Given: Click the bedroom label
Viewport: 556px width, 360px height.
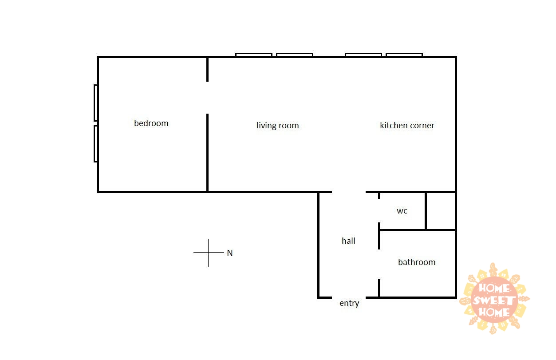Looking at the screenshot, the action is (151, 123).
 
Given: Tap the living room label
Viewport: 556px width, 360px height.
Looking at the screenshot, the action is (277, 126).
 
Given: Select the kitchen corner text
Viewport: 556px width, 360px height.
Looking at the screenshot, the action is (407, 125).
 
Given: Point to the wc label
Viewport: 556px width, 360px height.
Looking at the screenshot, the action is (402, 211).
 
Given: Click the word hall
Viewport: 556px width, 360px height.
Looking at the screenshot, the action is (348, 241).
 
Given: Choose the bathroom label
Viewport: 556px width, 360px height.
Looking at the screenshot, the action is (417, 262).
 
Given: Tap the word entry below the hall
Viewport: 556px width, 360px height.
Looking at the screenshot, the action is (349, 303).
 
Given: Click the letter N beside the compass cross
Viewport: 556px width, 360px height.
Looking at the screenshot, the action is (230, 253).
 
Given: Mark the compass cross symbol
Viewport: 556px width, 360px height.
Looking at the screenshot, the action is (208, 253).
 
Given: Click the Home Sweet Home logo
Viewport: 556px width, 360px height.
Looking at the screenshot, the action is (494, 299).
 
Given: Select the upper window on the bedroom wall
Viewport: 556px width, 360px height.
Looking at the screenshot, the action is (95, 103).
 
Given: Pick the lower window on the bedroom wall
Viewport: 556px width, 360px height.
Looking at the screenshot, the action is (95, 144).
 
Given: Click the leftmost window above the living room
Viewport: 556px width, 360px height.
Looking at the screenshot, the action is (254, 55).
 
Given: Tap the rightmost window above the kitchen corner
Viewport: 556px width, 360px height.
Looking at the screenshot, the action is (404, 55).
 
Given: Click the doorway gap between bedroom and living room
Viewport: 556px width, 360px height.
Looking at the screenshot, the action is (207, 98).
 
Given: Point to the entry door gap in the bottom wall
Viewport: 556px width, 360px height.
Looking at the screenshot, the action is (349, 297).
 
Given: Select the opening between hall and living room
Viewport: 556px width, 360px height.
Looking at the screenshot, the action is (349, 192).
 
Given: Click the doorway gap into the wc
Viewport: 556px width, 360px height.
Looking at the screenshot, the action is (379, 211).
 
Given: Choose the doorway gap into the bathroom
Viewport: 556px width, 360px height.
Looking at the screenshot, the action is (379, 265).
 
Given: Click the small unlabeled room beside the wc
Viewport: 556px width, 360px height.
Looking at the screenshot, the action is (441, 211).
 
